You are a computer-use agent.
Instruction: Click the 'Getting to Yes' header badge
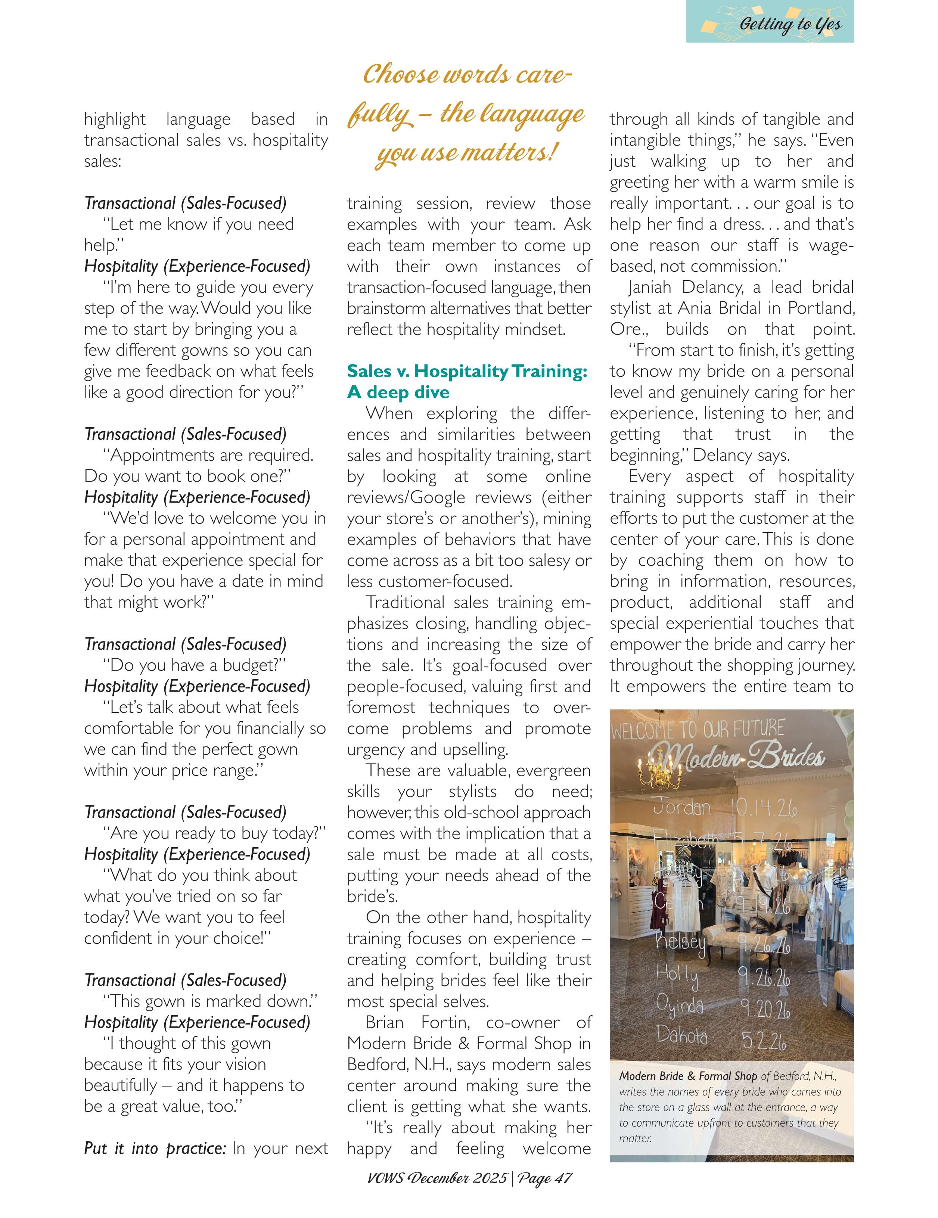(x=770, y=22)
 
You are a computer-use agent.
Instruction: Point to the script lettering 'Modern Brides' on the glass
(x=736, y=757)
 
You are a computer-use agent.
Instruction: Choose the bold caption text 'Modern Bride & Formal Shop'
(x=687, y=1076)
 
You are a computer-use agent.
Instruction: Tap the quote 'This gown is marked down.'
(x=210, y=1001)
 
